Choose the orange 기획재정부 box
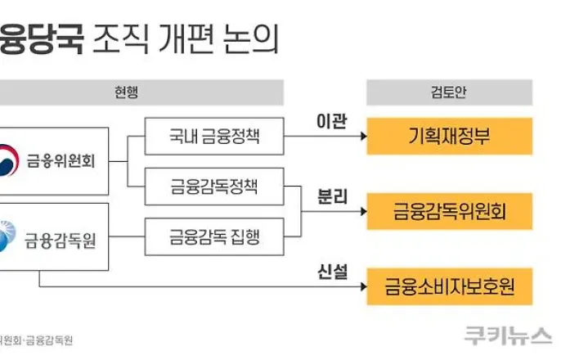click(449, 136)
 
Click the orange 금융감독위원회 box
click(449, 211)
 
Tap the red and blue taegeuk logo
click(7, 160)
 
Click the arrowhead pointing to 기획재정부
click(358, 136)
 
